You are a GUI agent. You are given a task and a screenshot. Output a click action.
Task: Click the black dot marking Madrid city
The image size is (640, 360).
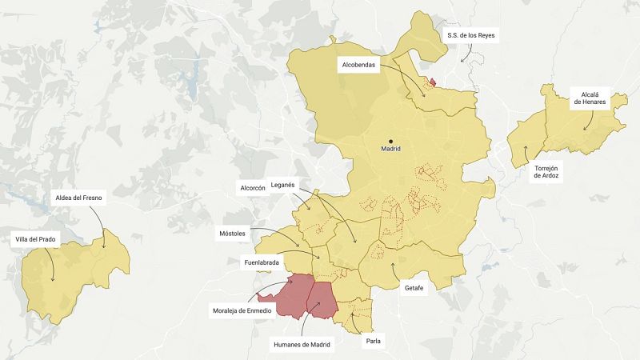pyautogui.click(x=391, y=141)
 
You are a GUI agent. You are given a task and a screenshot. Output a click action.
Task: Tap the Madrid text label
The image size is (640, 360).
pyautogui.click(x=391, y=150)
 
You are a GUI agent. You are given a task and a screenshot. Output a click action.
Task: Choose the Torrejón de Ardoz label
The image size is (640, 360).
pyautogui.click(x=548, y=173)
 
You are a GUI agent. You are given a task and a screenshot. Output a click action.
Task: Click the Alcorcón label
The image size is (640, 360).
pyautogui.click(x=253, y=189)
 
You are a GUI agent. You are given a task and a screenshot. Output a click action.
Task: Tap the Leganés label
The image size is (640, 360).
pyautogui.click(x=283, y=185)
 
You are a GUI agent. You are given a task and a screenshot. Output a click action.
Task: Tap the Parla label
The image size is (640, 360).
pyautogui.click(x=374, y=342)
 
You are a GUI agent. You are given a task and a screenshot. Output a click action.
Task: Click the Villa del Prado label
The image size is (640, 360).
pyautogui.click(x=38, y=239)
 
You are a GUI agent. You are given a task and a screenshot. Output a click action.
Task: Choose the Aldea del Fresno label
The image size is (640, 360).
pyautogui.click(x=78, y=197)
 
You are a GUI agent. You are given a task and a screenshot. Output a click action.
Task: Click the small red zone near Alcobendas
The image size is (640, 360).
pyautogui.click(x=433, y=82)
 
